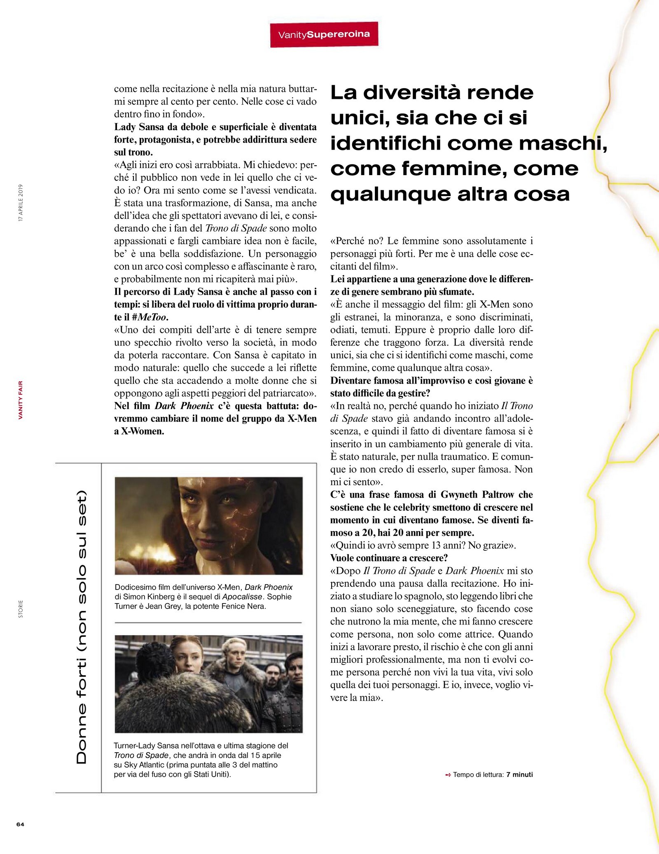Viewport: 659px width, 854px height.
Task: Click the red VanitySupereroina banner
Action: (324, 35)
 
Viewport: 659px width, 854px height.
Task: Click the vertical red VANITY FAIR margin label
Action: (21, 400)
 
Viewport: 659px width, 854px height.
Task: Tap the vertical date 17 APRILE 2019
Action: (21, 203)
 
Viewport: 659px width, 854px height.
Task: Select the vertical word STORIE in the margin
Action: (21, 608)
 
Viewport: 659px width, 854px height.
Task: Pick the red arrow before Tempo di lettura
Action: (448, 775)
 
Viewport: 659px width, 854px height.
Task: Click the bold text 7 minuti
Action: (519, 774)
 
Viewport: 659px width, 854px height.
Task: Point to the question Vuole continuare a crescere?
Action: (389, 558)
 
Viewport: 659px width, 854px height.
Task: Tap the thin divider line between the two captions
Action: (208, 622)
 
